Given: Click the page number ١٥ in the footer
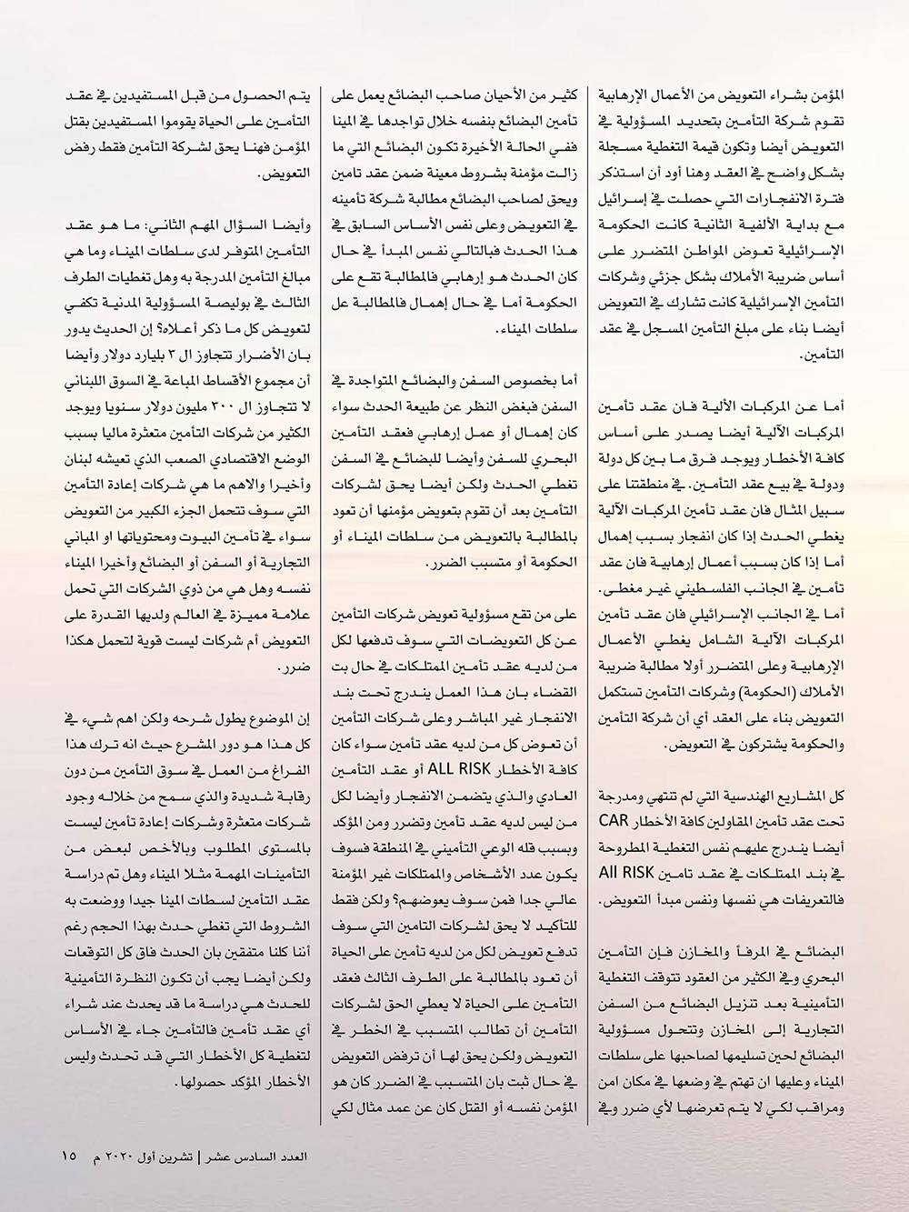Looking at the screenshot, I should (x=69, y=1157).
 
